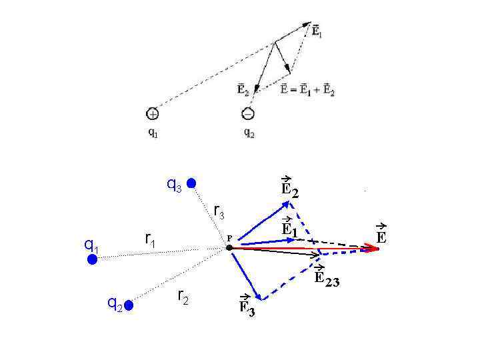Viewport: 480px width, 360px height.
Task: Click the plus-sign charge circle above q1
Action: [153, 113]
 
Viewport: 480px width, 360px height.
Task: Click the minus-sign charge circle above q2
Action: [248, 113]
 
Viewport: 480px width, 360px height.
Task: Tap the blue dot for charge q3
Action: [191, 183]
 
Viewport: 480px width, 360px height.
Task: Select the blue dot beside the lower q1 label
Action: [93, 259]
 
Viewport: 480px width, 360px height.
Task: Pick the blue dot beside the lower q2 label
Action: [129, 305]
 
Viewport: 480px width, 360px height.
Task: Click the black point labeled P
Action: [229, 247]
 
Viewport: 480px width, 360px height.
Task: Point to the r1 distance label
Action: [150, 239]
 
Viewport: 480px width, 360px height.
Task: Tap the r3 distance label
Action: [219, 213]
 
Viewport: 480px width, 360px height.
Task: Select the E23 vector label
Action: [327, 278]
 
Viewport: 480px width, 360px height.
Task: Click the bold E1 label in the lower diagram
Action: [289, 227]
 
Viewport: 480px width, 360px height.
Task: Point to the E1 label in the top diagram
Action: [317, 31]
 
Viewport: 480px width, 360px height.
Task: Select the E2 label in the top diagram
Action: [243, 89]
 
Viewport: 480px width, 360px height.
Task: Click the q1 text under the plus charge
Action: [153, 132]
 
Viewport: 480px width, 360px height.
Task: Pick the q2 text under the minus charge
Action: [249, 132]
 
